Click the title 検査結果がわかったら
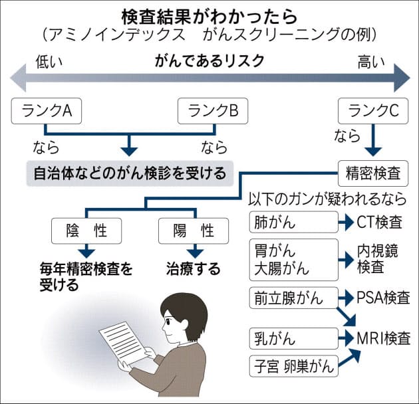(209, 14)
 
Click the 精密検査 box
(373, 173)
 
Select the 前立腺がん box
(293, 297)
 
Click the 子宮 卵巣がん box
(293, 365)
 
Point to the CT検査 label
(383, 222)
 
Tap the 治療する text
(194, 270)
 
